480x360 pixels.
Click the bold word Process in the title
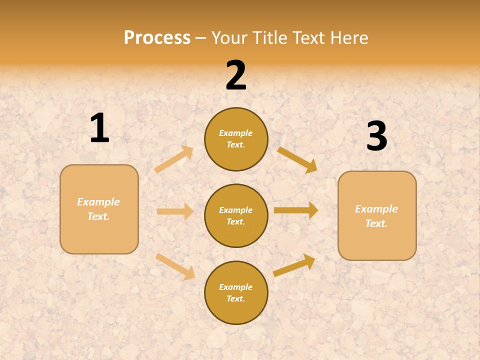pyautogui.click(x=157, y=37)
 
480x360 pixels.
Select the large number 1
pyautogui.click(x=99, y=128)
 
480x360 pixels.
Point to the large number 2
pyautogui.click(x=236, y=75)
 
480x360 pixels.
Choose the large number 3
pyautogui.click(x=376, y=136)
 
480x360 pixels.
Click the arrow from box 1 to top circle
pyautogui.click(x=174, y=159)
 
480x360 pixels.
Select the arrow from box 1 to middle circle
pyautogui.click(x=175, y=211)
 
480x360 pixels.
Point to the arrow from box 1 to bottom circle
pyautogui.click(x=175, y=266)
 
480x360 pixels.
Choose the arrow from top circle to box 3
pyautogui.click(x=297, y=159)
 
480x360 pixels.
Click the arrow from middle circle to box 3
pyautogui.click(x=296, y=210)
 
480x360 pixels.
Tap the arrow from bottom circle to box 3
pyautogui.click(x=294, y=265)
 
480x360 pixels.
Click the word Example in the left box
pyautogui.click(x=98, y=202)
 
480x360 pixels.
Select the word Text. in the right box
pyautogui.click(x=376, y=223)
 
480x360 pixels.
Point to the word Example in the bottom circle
pyautogui.click(x=236, y=287)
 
